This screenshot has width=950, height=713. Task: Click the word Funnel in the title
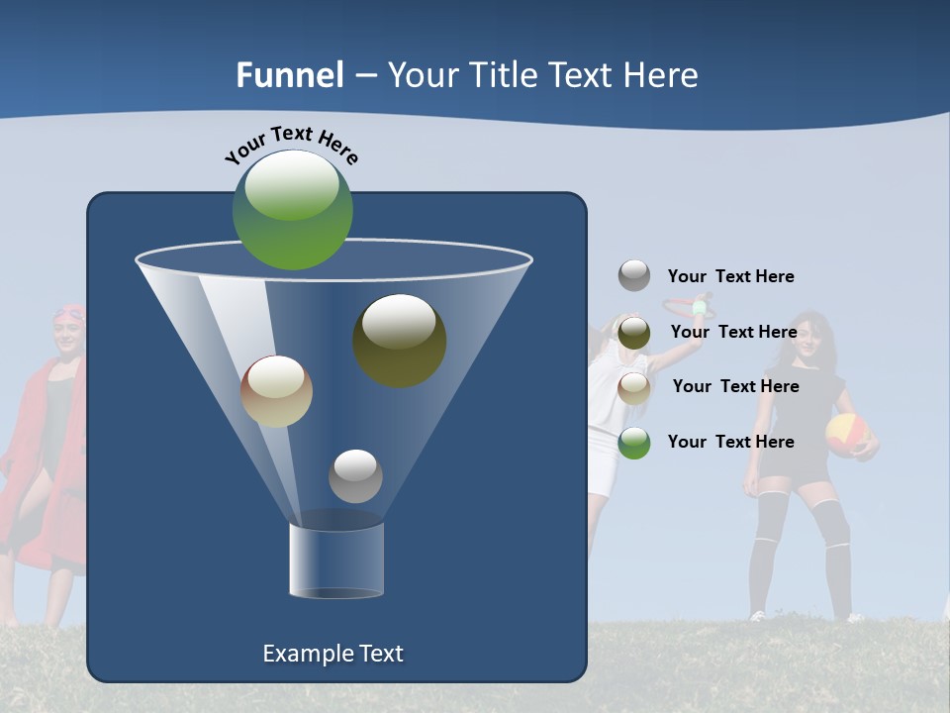coord(290,75)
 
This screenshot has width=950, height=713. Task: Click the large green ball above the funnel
coord(292,209)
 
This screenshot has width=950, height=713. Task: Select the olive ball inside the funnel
coord(399,340)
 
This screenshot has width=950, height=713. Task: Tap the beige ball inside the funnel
coord(276,391)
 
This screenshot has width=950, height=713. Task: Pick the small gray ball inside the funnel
coord(355,475)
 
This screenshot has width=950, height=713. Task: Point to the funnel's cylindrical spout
coord(336,560)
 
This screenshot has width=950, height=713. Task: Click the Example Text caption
coord(333,654)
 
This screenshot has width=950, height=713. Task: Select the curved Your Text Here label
coord(292,145)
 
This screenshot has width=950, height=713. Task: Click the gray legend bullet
coord(634,275)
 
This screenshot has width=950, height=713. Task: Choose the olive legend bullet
coord(634,333)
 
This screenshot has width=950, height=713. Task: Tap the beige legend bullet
coord(634,387)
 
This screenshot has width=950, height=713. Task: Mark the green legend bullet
coord(634,443)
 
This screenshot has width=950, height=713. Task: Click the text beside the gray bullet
coord(730,276)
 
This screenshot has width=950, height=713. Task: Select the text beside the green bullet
coord(730,442)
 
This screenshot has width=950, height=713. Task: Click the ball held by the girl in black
coord(847,434)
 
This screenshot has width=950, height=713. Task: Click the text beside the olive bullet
coord(733,332)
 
